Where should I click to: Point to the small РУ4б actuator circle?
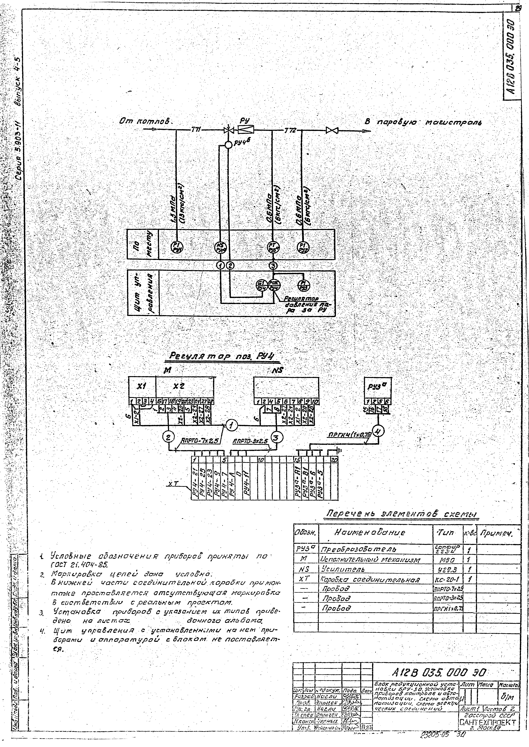(x=229, y=144)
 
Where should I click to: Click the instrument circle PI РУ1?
(x=177, y=248)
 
